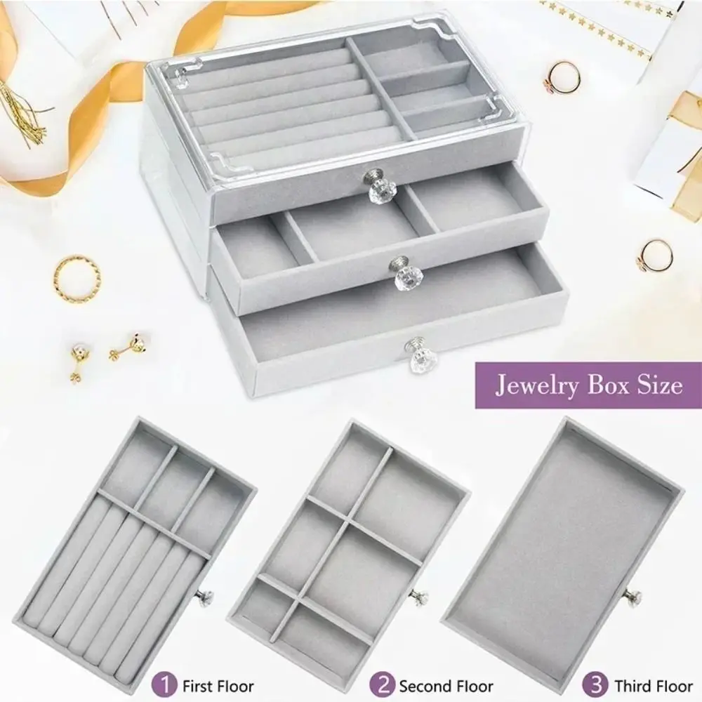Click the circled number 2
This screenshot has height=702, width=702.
pyautogui.click(x=385, y=684)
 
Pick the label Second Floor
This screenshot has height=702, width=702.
pyautogui.click(x=446, y=685)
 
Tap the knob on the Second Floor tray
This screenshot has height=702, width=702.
pyautogui.click(x=419, y=597)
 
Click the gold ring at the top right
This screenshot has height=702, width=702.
pyautogui.click(x=564, y=76)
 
